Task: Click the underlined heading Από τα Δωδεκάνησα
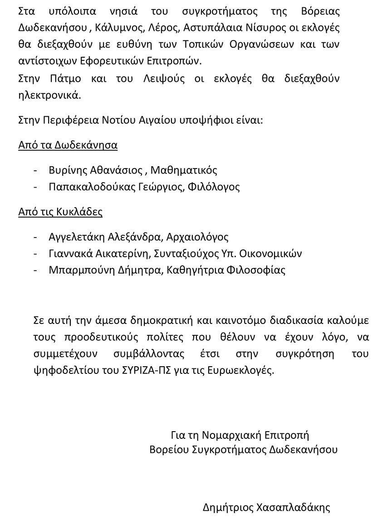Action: click(68, 145)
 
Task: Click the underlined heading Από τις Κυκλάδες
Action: click(60, 212)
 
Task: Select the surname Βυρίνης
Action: click(68, 170)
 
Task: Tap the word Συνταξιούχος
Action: click(189, 254)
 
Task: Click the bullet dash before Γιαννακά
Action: click(36, 254)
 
